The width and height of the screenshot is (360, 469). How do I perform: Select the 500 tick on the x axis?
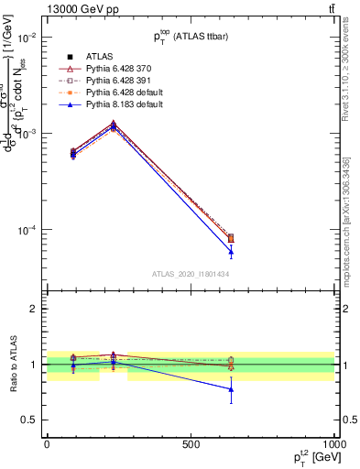tap(191, 443)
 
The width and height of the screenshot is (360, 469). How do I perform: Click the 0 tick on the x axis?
tap(47, 443)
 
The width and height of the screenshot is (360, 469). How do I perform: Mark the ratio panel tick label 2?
tap(35, 309)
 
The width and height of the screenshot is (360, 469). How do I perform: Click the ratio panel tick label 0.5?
tap(31, 420)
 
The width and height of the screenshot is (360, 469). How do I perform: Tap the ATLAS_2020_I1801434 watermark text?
tap(191, 274)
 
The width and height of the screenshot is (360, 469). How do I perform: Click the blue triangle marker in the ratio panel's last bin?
tap(231, 389)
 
